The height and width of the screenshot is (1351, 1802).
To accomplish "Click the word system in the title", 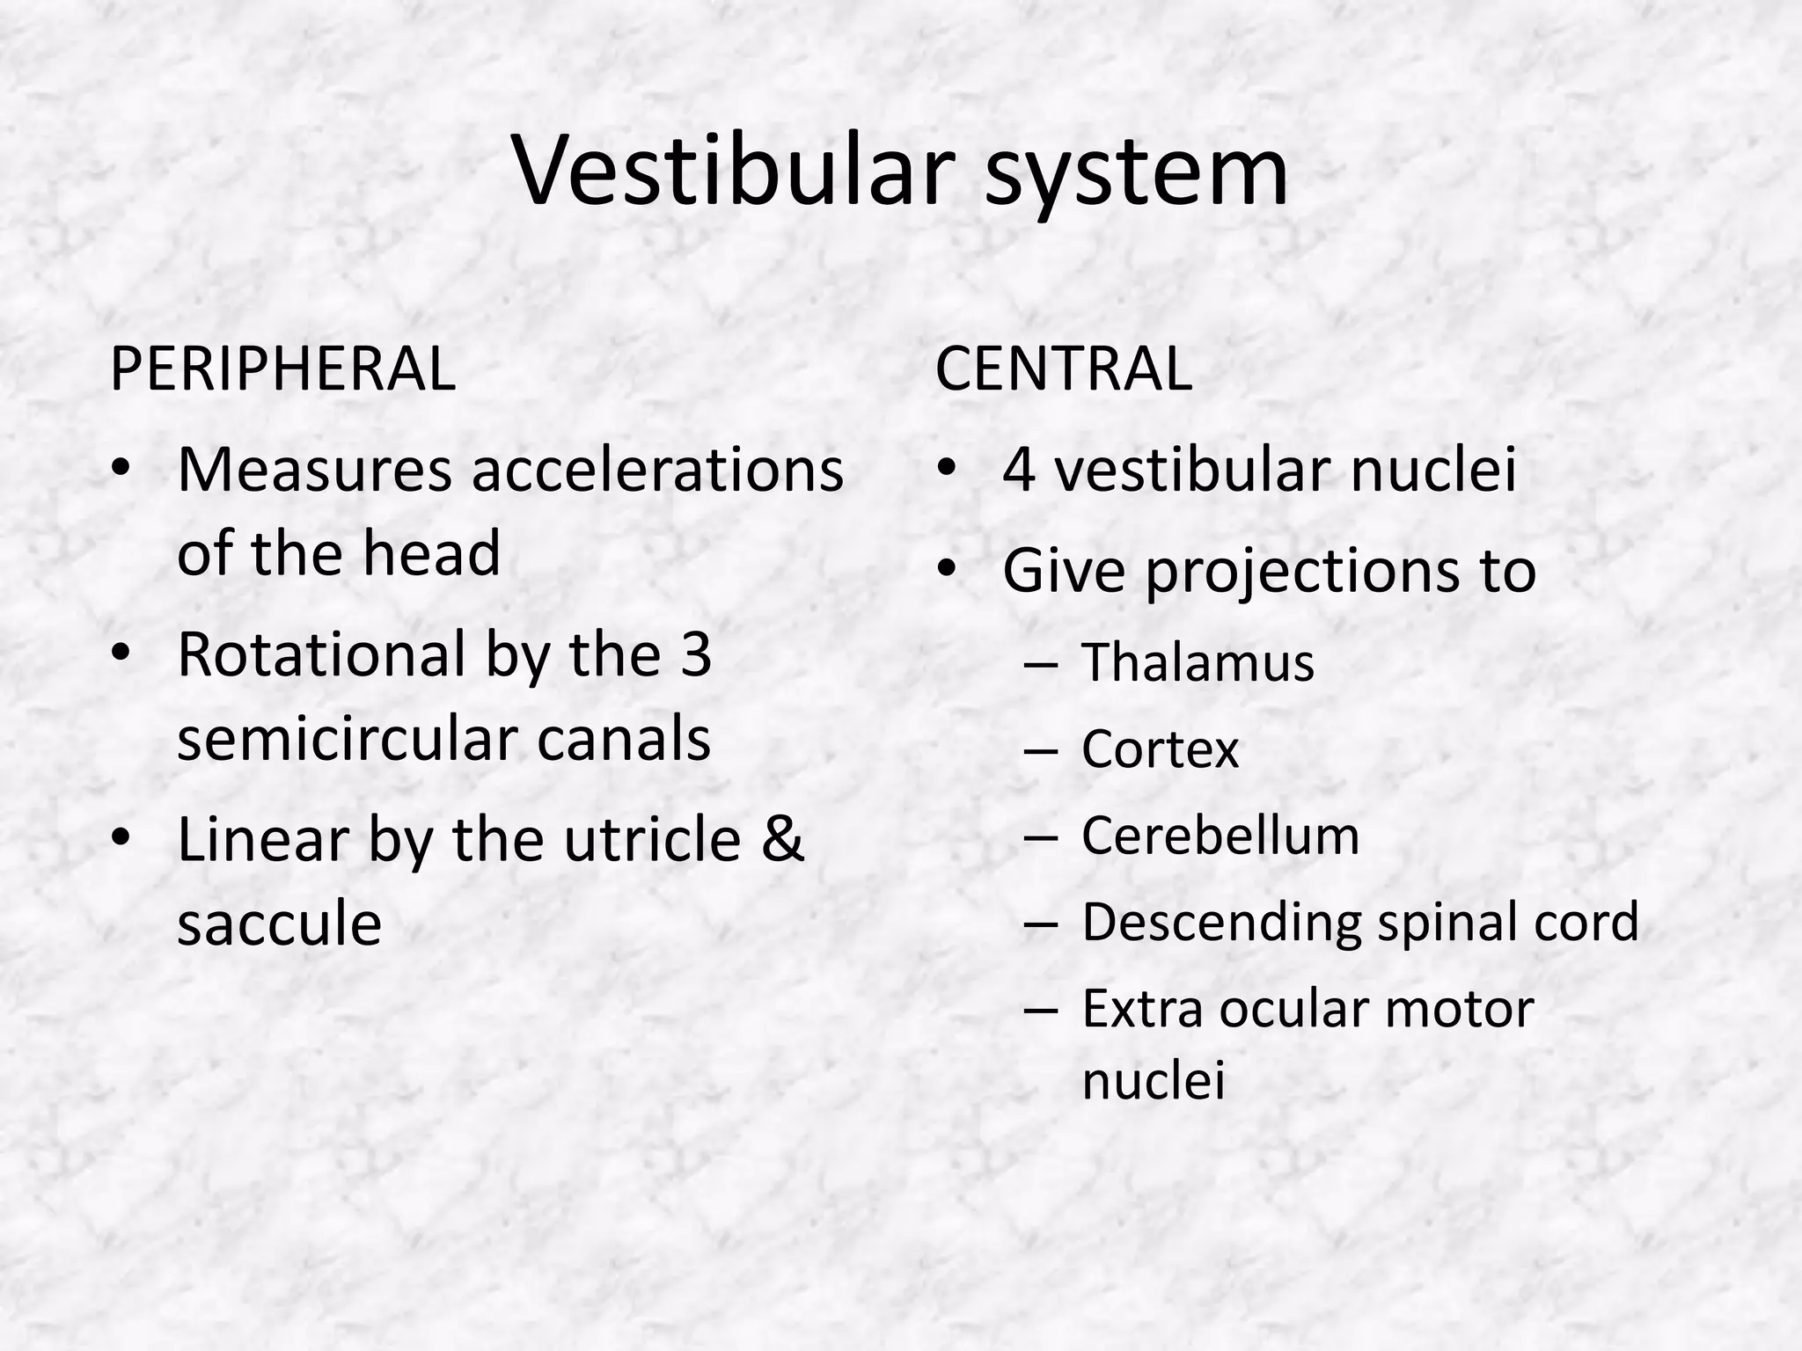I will coord(1136,173).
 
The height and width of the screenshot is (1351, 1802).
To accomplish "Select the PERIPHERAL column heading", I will coord(282,369).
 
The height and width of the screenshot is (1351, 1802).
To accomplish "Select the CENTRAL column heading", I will coord(1063,369).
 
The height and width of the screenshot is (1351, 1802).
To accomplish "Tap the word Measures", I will coord(314,470).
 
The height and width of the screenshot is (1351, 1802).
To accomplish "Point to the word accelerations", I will coord(657,470).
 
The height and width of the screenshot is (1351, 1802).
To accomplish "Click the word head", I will coord(431,553).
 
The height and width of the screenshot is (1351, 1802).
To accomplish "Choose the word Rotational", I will coord(321,654).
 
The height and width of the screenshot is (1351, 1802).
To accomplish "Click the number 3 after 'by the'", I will coord(696,654).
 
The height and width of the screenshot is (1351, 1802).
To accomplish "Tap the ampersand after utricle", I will coord(782,839).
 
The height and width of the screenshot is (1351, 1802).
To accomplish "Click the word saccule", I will coord(279,924).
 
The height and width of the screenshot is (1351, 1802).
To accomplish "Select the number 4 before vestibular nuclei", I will coord(1018,470).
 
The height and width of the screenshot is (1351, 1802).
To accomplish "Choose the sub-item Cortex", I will coord(1160,749).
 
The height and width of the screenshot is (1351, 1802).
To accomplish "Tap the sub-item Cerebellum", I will coord(1220,836).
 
